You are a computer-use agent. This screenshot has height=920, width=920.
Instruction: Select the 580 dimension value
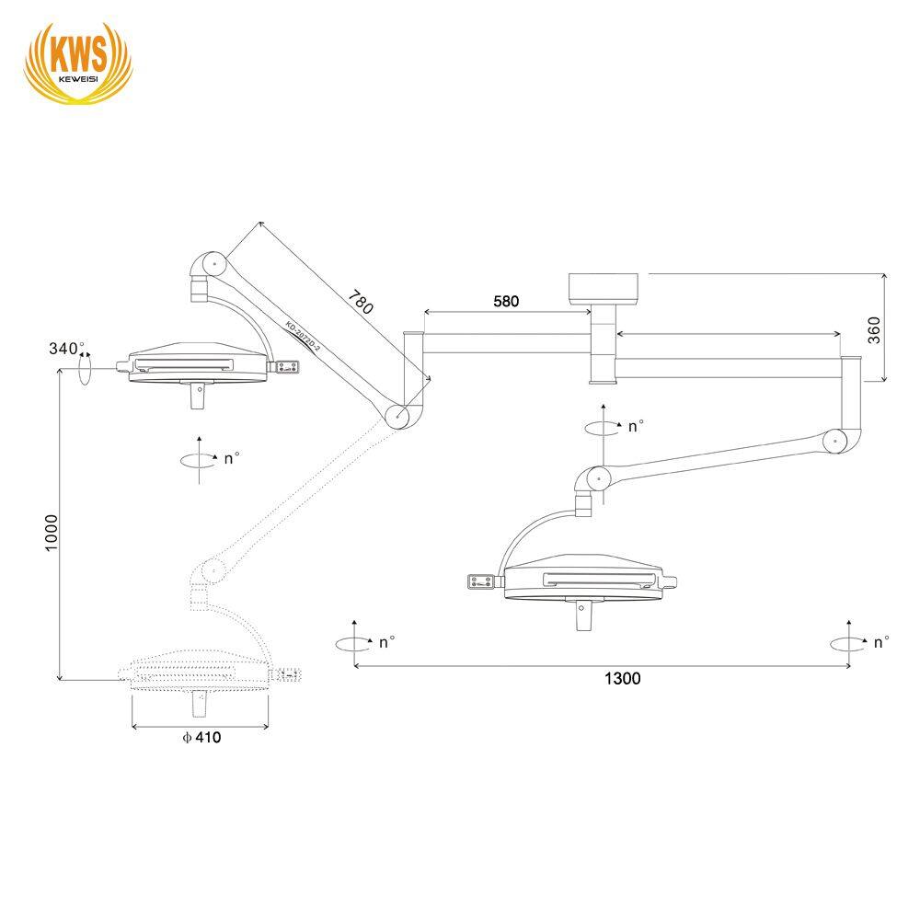point(506,301)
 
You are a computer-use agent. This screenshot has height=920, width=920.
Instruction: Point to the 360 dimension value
point(874,329)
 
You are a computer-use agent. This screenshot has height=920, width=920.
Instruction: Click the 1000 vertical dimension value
point(52,533)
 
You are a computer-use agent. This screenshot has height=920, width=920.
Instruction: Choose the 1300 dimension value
point(622,679)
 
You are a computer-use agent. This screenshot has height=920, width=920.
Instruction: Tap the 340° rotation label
point(66,349)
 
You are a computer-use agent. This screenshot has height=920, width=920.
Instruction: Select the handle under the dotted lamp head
point(198,705)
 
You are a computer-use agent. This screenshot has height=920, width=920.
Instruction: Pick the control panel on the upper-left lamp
point(286,367)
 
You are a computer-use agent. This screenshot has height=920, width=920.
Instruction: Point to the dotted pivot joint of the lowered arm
point(211,570)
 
